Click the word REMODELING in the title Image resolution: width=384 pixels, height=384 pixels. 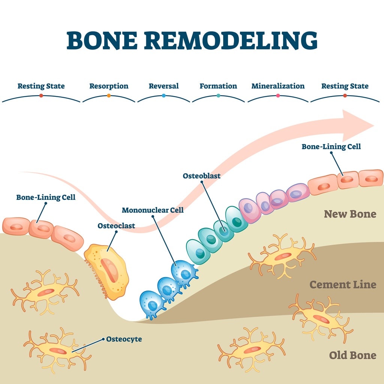(x=231, y=40)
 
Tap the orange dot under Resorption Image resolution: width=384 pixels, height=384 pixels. (x=109, y=96)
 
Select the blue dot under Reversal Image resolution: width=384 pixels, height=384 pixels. (x=163, y=96)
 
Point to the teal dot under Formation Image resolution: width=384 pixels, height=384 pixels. (x=218, y=96)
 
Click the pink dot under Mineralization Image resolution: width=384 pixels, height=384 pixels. (x=278, y=96)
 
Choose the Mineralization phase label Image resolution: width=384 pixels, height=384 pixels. (x=278, y=86)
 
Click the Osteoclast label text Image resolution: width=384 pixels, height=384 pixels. (x=116, y=225)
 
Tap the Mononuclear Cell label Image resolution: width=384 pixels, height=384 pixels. (x=153, y=210)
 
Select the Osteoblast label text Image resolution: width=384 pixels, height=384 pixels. (x=201, y=176)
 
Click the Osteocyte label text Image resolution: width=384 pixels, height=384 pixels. (x=124, y=339)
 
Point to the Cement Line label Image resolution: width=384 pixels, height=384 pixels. (x=343, y=285)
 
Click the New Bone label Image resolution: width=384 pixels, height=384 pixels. (x=350, y=214)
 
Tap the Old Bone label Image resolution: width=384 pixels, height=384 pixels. (x=352, y=355)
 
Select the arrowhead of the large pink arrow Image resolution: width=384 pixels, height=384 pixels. (x=357, y=125)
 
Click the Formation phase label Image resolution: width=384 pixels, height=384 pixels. (x=218, y=86)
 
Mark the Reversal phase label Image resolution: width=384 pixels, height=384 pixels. (x=163, y=86)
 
